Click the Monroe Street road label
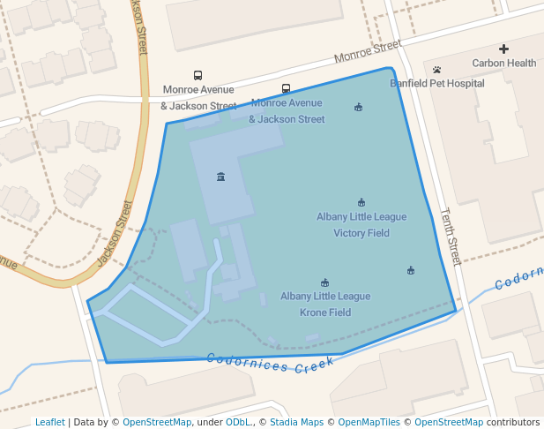coord(367,51)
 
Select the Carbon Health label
coord(503,63)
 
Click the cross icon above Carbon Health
coord(503,49)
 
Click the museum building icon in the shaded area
coord(220,177)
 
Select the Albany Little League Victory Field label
coord(361,225)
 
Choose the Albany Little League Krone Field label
coord(325,305)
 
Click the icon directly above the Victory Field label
coord(361,202)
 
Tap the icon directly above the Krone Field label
coord(324,282)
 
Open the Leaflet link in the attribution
coord(50,423)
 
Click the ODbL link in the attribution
coord(237,423)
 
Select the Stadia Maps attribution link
coord(296,423)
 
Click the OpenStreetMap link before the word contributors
coord(448,423)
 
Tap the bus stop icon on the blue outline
coord(286,88)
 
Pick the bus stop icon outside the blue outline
coord(197,75)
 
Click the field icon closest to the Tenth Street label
coord(410,270)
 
